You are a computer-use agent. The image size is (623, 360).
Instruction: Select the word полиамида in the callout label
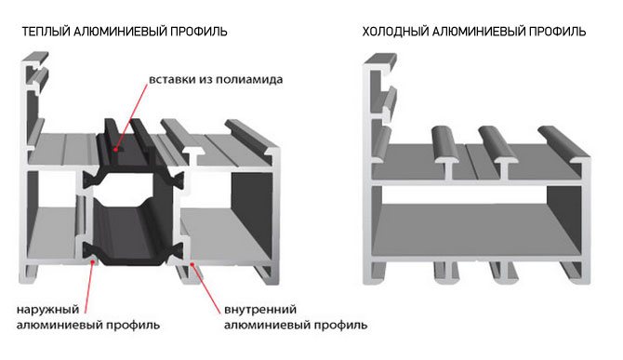pyautogui.click(x=249, y=79)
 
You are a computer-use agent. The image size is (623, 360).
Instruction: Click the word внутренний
pyautogui.click(x=260, y=309)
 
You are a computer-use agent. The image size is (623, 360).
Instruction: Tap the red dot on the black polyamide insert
pyautogui.click(x=115, y=150)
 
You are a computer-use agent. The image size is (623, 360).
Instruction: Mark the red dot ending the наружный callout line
pyautogui.click(x=93, y=261)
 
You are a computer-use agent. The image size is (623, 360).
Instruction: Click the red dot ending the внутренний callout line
pyautogui.click(x=192, y=263)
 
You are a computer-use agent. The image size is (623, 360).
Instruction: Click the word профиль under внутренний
pyautogui.click(x=340, y=325)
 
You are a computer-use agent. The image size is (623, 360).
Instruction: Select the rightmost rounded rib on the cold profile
pyautogui.click(x=562, y=142)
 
